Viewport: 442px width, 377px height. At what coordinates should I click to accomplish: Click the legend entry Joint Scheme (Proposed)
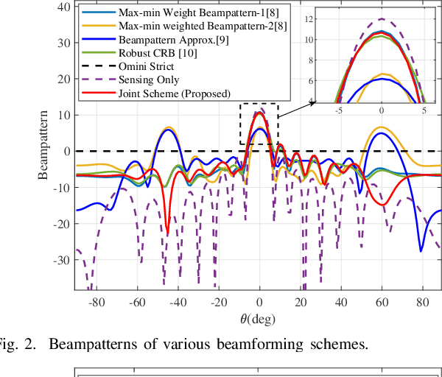pyautogui.click(x=166, y=93)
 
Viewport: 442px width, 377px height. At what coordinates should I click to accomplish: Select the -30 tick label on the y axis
pyautogui.click(x=61, y=260)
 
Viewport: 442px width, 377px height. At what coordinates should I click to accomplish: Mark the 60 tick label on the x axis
pyautogui.click(x=382, y=303)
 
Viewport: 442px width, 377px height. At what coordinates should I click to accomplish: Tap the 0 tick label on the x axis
pyautogui.click(x=259, y=303)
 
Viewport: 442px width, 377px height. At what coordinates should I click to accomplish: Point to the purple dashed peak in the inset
pyautogui.click(x=382, y=19)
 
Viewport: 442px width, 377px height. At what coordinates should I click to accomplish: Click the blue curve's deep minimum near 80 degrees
pyautogui.click(x=421, y=251)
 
